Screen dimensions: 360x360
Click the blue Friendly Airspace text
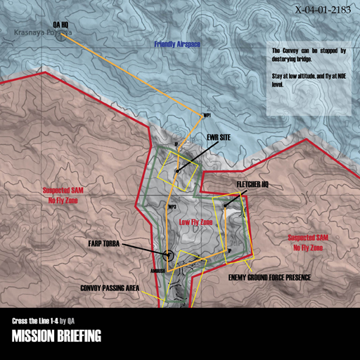point(177,44)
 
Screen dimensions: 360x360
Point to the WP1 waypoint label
point(207,115)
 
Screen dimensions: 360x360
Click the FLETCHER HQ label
point(252,184)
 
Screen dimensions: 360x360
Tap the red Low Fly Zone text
point(196,221)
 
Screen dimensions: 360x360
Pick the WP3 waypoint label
point(172,207)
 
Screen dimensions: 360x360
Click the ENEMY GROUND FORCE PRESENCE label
point(269,277)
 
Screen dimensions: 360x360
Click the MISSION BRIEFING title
point(56,336)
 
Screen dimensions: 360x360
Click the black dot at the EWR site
point(177,170)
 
